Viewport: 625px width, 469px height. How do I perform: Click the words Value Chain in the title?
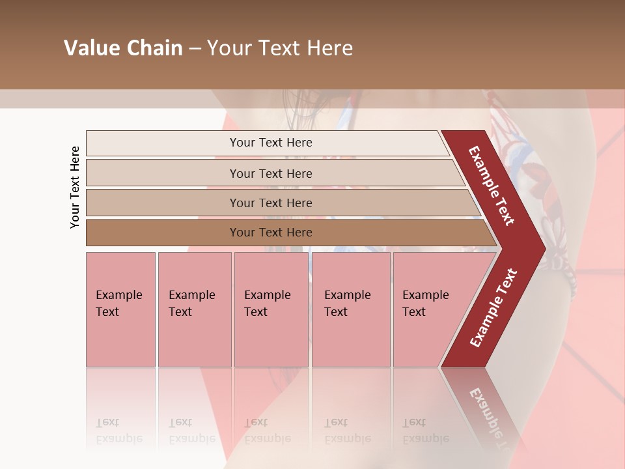[x=123, y=48]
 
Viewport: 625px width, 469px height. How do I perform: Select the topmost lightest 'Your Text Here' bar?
[x=270, y=143]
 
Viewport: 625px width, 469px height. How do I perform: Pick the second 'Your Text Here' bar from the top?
[x=270, y=173]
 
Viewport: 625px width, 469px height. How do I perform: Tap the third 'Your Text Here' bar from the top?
[x=270, y=203]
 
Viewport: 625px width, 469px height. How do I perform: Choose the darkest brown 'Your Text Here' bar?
[x=270, y=233]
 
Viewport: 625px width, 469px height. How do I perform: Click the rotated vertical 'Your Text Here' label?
[x=75, y=187]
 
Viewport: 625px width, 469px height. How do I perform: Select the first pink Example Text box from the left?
[x=120, y=309]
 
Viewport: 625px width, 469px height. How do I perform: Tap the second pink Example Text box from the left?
[x=194, y=309]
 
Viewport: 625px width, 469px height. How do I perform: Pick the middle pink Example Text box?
[x=271, y=309]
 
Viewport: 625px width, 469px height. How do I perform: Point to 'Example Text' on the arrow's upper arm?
[x=492, y=186]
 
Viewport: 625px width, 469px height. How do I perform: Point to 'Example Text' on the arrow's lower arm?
[x=493, y=307]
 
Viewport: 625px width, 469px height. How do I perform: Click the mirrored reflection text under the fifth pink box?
[x=424, y=431]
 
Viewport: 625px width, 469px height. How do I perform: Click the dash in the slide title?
[x=195, y=49]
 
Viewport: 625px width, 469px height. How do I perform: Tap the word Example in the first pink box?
[x=118, y=295]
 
